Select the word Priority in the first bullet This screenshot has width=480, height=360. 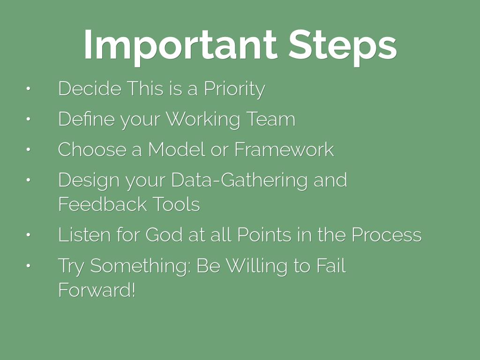point(234,90)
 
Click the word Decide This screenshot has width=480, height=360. point(90,89)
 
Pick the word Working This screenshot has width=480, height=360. point(202,120)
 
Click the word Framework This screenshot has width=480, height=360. point(284,150)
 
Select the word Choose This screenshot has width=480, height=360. point(92,150)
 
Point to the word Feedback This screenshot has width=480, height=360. point(103,204)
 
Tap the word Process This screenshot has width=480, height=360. point(386,235)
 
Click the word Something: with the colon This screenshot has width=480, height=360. point(141,266)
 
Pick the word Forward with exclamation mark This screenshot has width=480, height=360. point(97,290)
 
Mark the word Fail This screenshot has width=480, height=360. point(331,265)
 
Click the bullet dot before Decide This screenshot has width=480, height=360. point(28,89)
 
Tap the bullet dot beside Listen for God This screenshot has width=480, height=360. point(28,235)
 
